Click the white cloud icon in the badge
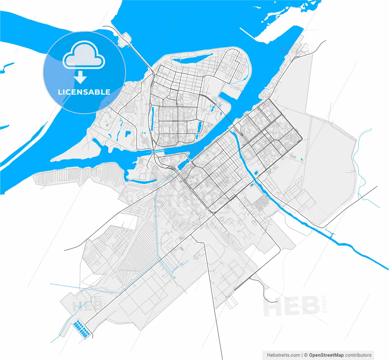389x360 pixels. point(84,56)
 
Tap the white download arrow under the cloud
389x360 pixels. point(81,77)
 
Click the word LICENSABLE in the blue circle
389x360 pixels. point(84,92)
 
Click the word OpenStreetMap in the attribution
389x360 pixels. point(326,355)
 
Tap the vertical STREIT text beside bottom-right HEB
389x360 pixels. point(325,304)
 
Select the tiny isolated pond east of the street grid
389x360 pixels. point(301,159)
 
